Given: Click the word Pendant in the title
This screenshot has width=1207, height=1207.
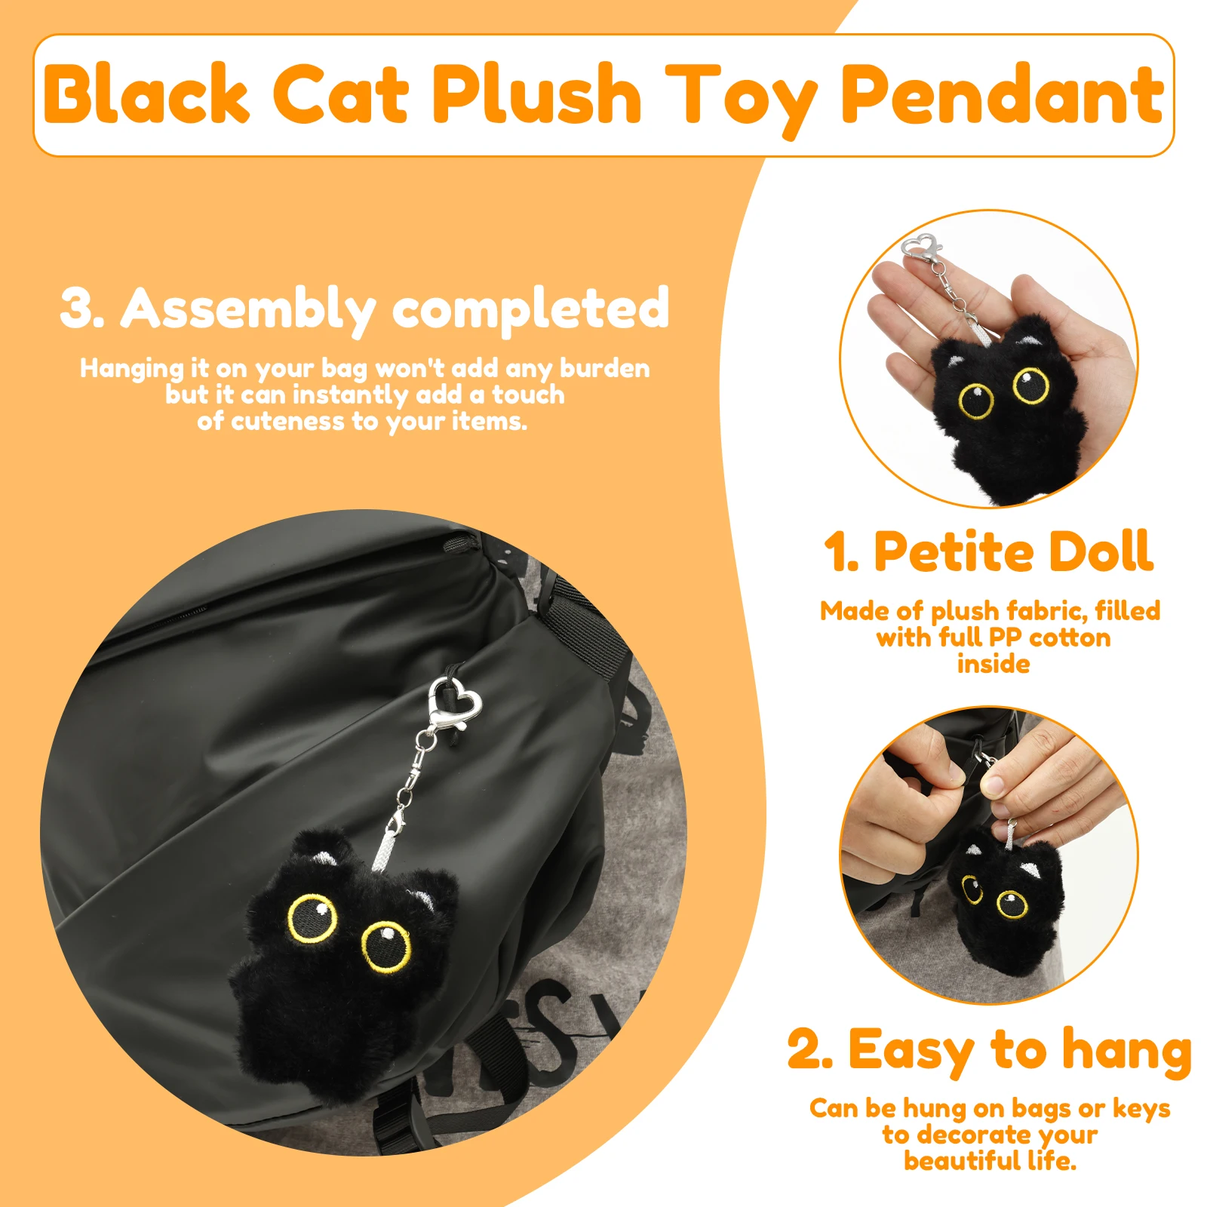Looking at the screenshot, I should coord(1003,94).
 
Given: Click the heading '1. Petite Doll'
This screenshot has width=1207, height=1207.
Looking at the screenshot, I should coord(988,552).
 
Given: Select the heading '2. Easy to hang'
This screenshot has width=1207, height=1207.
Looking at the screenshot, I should coord(989,1050).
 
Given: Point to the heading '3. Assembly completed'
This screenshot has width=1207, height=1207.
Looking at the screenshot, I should coord(364,308).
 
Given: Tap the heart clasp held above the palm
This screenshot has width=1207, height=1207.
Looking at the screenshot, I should coord(922,250).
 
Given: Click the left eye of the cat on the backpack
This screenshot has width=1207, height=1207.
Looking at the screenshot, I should coord(313,918).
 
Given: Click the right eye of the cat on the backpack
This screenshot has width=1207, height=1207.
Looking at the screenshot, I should coord(386,946).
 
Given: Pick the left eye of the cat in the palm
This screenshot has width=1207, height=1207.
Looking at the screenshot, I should coord(976,400).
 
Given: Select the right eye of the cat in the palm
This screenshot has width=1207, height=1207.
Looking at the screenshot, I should coord(1030,385).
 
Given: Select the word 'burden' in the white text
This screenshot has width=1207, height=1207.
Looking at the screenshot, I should coord(604,368).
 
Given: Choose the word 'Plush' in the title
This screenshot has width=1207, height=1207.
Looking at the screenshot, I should coord(536,94).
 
